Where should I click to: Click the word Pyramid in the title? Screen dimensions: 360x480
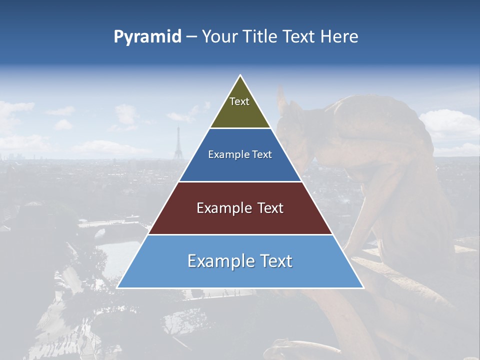[x=147, y=37]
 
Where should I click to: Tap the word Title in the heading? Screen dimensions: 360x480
[x=262, y=37]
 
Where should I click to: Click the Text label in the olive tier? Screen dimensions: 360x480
[x=239, y=101]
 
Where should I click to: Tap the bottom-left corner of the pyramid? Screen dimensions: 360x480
[x=117, y=287]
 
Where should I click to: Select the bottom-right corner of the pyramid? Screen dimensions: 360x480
[x=363, y=287]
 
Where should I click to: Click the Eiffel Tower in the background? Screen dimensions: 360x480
[x=177, y=145]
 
